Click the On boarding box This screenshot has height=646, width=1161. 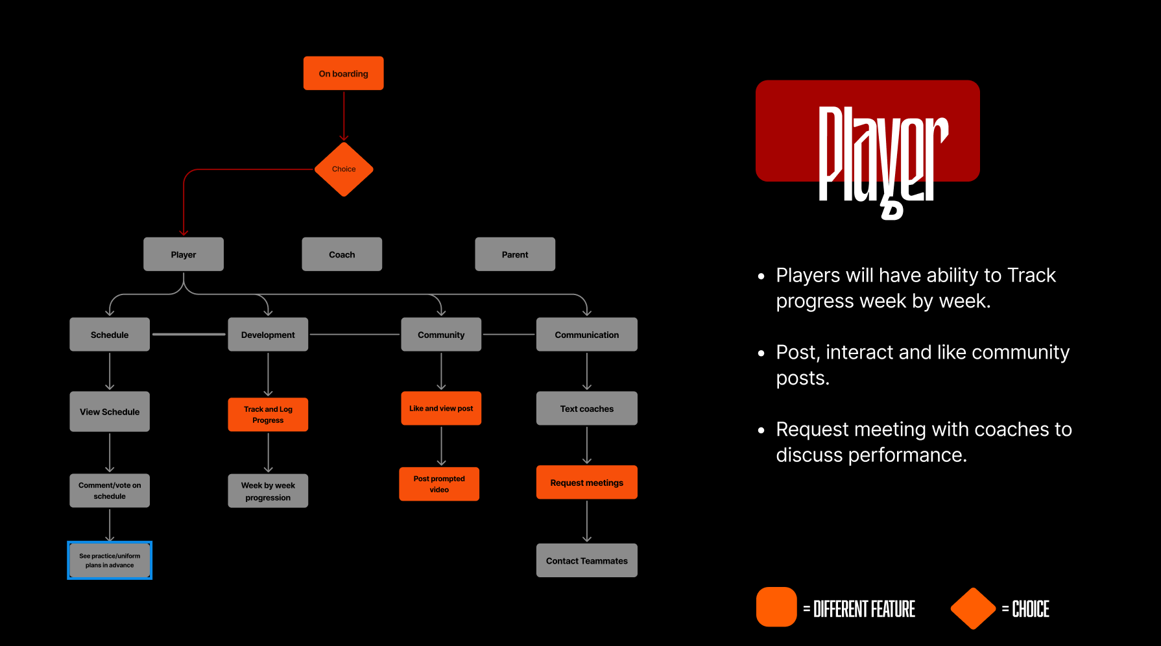[x=343, y=73]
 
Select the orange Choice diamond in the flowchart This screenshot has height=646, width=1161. [x=344, y=169]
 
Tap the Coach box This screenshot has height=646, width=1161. [x=342, y=254]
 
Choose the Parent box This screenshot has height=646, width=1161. [x=515, y=254]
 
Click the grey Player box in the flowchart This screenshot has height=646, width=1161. [x=184, y=254]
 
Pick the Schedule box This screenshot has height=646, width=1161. [x=110, y=335]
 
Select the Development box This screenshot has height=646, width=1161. [x=268, y=335]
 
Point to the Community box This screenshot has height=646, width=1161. [x=441, y=335]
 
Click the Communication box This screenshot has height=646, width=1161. [x=587, y=335]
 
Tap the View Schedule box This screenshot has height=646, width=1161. [x=110, y=412]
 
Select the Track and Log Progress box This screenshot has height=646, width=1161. [x=268, y=414]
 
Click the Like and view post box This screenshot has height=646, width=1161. [x=441, y=409]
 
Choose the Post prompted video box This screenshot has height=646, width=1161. [x=439, y=484]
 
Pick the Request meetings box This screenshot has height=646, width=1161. [x=587, y=483]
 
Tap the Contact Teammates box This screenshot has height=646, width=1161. [x=587, y=560]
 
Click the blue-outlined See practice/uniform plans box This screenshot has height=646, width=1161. [x=110, y=560]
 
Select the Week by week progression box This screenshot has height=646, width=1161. [x=268, y=491]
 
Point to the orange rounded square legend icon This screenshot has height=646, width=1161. [x=776, y=607]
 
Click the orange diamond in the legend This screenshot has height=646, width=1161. [x=973, y=608]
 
